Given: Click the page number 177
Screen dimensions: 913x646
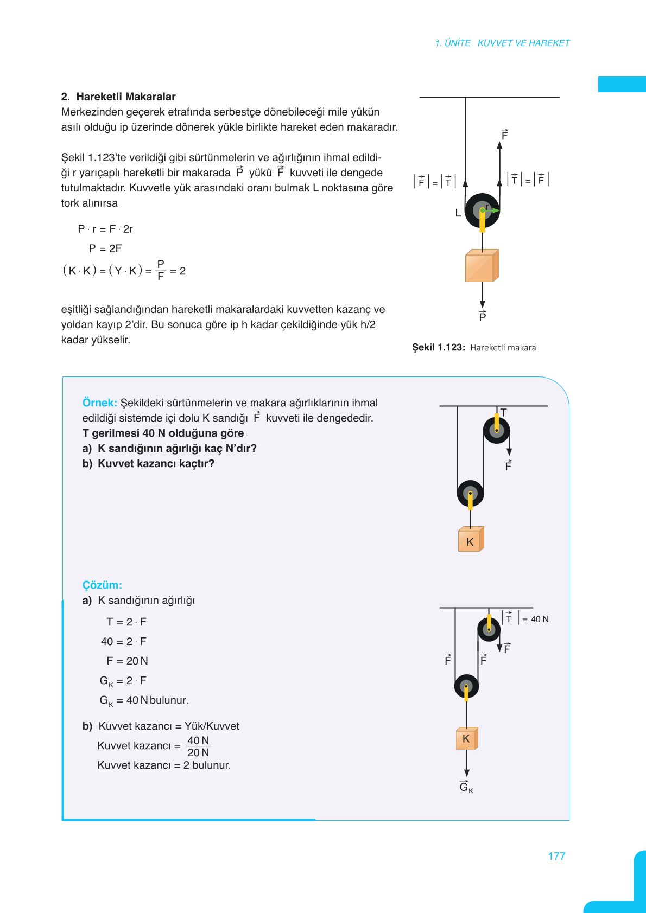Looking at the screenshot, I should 556,856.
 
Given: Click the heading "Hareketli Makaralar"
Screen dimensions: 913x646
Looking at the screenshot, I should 126,97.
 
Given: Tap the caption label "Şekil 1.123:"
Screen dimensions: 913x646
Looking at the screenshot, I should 438,347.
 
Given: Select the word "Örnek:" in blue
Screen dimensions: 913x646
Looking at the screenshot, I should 99,403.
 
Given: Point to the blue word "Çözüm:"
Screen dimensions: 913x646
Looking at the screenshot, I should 102,585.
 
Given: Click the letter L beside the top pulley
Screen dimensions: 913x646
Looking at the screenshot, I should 458,213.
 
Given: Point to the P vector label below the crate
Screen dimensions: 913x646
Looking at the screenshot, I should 483,316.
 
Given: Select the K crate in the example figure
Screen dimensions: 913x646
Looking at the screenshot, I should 470,539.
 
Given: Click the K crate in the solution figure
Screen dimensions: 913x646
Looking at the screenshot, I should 466,738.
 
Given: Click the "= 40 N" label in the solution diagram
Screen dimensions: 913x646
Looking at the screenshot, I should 535,619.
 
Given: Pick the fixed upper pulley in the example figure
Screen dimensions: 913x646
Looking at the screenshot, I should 496,431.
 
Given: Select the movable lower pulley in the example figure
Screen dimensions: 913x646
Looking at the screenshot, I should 470,494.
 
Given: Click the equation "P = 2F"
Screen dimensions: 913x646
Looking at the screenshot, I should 105,248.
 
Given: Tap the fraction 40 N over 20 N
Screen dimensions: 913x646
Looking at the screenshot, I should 198,746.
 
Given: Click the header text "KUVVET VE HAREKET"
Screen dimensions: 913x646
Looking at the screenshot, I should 523,43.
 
